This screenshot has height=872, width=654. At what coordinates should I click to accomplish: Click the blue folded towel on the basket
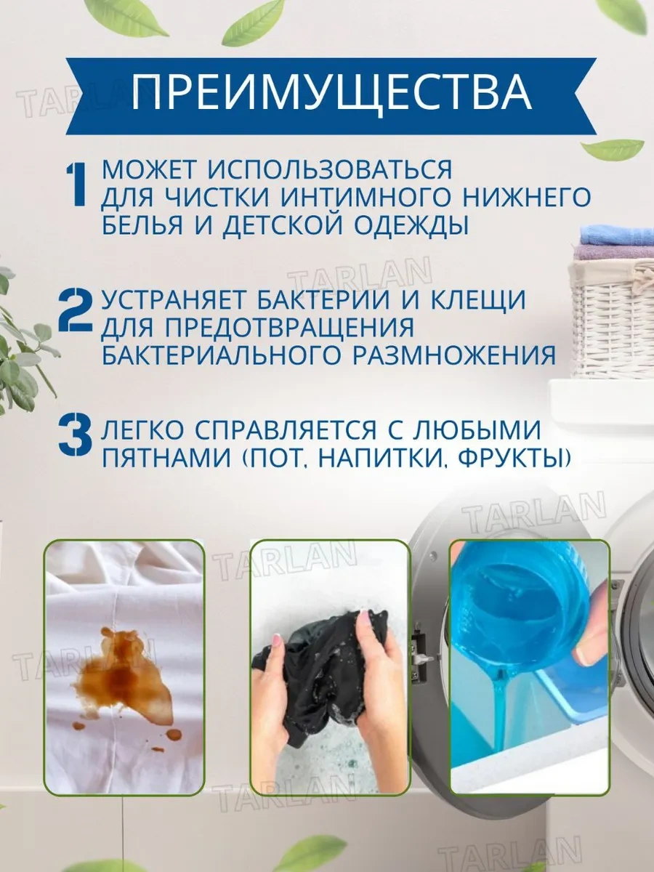click(616, 235)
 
